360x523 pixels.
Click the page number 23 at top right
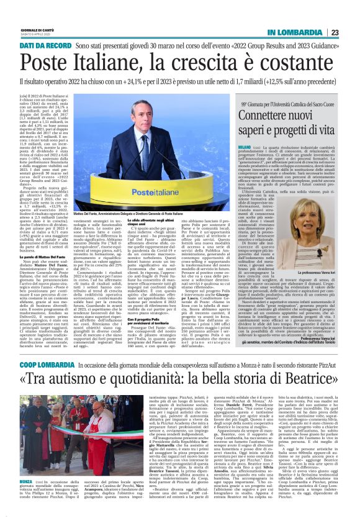tap(351, 32)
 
